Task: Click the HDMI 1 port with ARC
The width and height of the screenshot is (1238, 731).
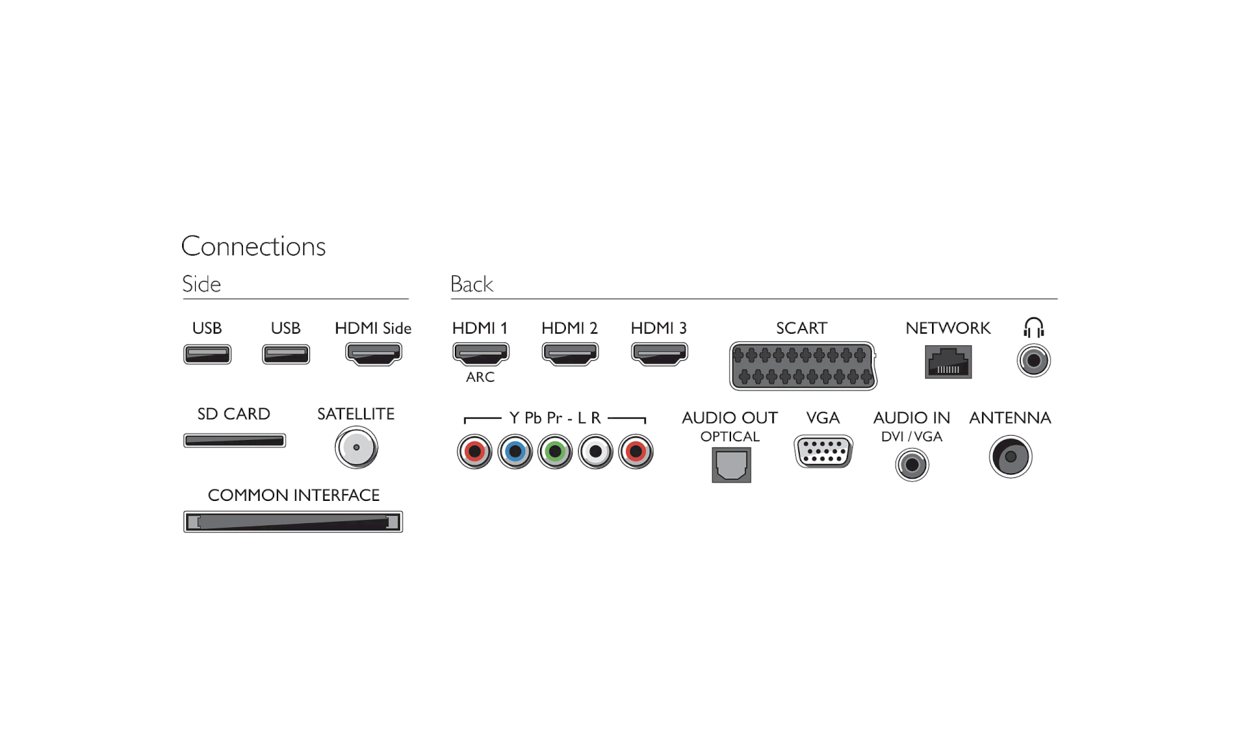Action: point(481,353)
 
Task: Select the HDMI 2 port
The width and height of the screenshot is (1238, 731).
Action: point(570,353)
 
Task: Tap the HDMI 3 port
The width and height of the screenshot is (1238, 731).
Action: point(659,353)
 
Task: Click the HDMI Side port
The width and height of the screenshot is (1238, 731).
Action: point(374,353)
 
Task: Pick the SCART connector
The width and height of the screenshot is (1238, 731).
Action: point(803,365)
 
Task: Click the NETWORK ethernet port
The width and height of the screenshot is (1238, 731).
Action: point(948,361)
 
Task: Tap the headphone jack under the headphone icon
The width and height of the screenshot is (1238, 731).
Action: point(1034,360)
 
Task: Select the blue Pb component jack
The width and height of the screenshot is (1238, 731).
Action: point(515,451)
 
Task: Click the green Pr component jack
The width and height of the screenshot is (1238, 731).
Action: point(555,451)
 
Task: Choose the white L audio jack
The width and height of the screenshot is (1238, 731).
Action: point(596,451)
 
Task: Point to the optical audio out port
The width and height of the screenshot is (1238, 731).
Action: point(731,465)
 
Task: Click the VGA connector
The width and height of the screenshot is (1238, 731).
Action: point(823,451)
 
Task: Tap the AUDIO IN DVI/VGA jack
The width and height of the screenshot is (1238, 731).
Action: point(912,465)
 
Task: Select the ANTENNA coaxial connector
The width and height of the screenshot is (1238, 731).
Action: point(1010,457)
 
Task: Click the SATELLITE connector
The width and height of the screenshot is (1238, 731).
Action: point(356,447)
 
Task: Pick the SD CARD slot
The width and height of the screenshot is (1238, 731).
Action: point(234,441)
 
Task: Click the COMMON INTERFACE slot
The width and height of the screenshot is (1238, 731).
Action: point(293,522)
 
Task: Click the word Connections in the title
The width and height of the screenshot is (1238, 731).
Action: point(253,246)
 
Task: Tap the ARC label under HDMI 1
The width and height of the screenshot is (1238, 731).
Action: point(480,377)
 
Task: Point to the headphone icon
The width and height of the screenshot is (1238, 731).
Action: point(1034,328)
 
